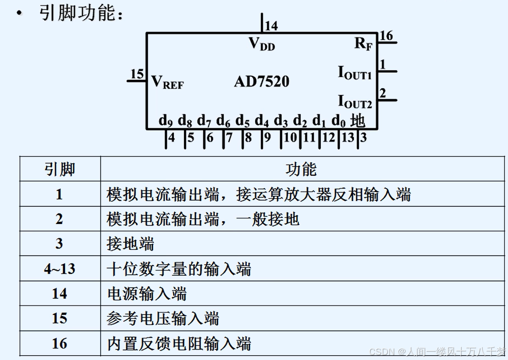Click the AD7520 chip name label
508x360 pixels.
[x=261, y=81]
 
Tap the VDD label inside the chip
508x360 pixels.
[x=262, y=44]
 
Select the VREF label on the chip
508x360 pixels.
[x=167, y=82]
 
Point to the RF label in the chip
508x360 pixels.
[x=363, y=44]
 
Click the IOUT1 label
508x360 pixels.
[x=355, y=73]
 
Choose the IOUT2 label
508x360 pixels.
[x=355, y=101]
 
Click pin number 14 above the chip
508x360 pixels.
[x=271, y=26]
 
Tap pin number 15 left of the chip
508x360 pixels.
[x=137, y=74]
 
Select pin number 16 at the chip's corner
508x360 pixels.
[x=385, y=35]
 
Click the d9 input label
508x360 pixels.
[x=166, y=121]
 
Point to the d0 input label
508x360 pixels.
[x=339, y=121]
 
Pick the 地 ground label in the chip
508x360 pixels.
[x=358, y=120]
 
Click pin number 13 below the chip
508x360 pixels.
[x=348, y=138]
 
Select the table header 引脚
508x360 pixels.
[x=60, y=169]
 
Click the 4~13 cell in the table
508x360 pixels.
[x=59, y=269]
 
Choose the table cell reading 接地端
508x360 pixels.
[x=130, y=244]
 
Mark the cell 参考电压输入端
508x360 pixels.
[x=163, y=319]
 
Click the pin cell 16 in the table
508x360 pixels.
[x=59, y=344]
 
